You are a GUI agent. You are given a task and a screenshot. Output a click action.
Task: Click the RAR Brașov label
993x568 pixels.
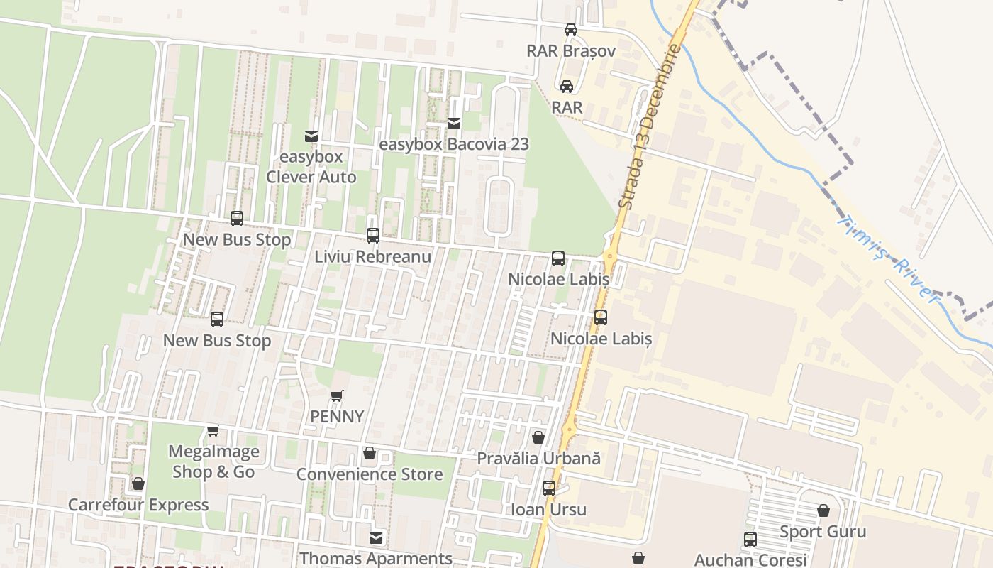570,51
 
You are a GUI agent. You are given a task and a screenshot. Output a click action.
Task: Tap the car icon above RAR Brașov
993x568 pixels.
570,30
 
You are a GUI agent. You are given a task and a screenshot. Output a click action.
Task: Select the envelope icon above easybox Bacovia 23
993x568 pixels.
454,124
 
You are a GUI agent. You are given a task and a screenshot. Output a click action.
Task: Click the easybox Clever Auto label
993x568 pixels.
311,167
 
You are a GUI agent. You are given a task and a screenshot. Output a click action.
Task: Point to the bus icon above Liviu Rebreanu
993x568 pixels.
373,236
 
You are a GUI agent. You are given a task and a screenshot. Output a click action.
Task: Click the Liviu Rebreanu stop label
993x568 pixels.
373,257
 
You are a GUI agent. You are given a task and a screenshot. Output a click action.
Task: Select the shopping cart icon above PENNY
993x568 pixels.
337,396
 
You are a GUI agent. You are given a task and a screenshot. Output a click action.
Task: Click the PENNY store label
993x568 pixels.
337,417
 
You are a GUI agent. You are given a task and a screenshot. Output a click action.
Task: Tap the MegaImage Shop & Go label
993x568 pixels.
213,461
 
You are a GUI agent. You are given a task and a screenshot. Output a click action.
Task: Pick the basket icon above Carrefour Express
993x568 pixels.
138,484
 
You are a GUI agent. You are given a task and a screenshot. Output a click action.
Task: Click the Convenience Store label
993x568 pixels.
370,474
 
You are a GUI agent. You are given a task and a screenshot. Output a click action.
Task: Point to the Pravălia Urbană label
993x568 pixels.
538,459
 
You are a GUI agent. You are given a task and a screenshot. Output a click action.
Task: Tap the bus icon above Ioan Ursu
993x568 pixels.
548,488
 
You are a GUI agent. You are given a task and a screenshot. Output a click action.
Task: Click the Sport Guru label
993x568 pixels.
823,532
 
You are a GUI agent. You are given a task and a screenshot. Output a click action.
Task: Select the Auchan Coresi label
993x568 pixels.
750,560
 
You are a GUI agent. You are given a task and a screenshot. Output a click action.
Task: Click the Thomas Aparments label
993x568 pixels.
376,559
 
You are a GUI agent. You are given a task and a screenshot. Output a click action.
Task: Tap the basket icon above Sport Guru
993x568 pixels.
823,511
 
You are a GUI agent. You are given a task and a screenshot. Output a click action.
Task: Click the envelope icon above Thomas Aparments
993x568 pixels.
376,538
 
